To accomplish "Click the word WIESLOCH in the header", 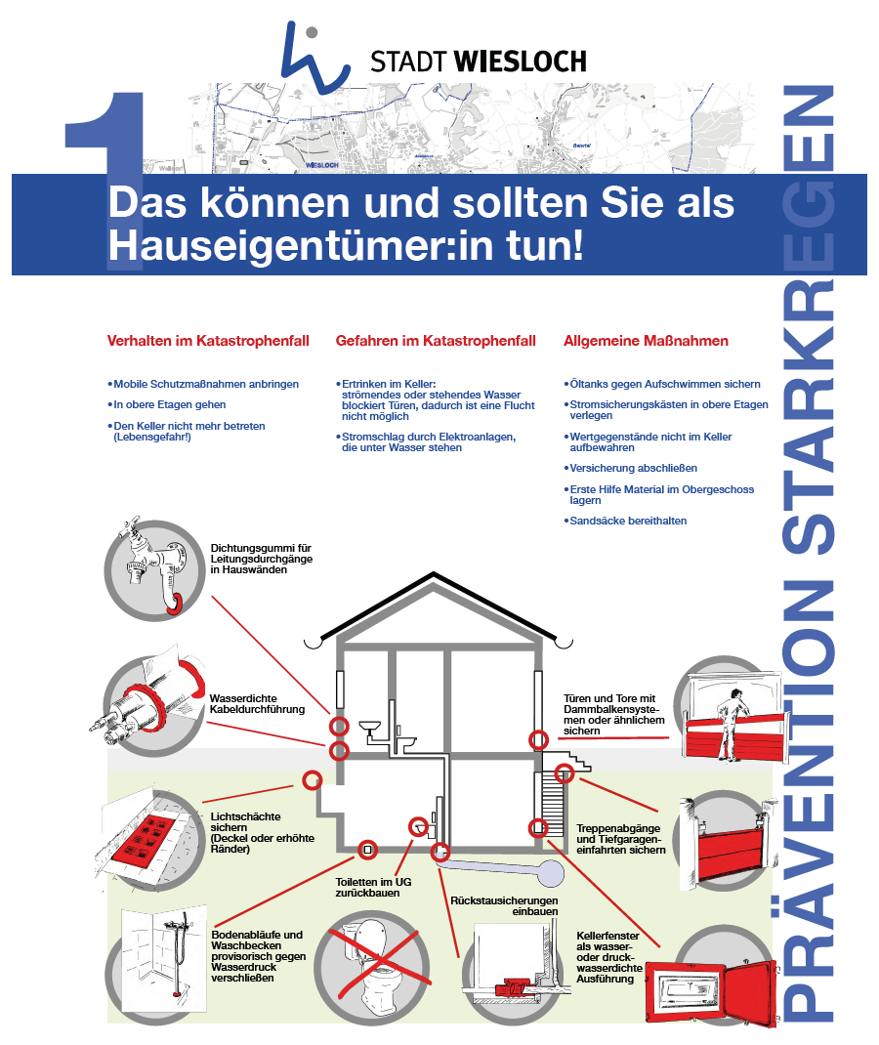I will (x=521, y=62).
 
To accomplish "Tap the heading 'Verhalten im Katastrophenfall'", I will (x=208, y=342).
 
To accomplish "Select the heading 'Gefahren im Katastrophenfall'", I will (x=436, y=342).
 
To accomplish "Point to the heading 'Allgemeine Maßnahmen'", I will (x=646, y=342).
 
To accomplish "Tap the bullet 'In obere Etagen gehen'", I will (x=169, y=404).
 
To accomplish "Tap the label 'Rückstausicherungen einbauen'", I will (x=504, y=905).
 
